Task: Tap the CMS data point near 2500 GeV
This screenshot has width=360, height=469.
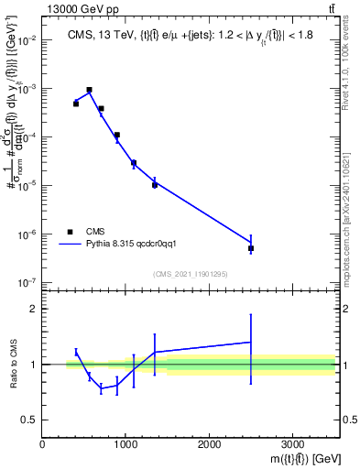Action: [x=250, y=248]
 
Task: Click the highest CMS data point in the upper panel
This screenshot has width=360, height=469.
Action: [x=89, y=90]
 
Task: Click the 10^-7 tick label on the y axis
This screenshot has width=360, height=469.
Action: [x=30, y=282]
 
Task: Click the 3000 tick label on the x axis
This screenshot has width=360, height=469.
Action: [x=292, y=443]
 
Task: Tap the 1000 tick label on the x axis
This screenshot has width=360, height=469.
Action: [x=125, y=443]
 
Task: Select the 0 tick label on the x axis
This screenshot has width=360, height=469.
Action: [x=43, y=443]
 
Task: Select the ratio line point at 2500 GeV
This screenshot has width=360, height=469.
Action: [x=250, y=342]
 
